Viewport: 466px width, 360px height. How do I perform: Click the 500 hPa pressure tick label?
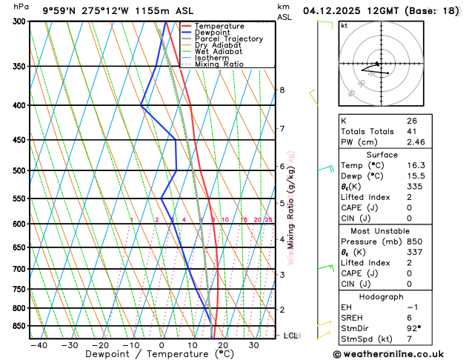pyautogui.click(x=19, y=170)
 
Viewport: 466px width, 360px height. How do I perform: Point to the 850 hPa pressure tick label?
pyautogui.click(x=19, y=326)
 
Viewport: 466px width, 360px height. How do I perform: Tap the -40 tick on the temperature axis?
pyautogui.click(x=39, y=345)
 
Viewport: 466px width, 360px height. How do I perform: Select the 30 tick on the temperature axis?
pyautogui.click(x=253, y=345)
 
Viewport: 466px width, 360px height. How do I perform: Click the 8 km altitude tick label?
pyautogui.click(x=282, y=90)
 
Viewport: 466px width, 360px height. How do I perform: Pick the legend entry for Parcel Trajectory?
pyautogui.click(x=229, y=39)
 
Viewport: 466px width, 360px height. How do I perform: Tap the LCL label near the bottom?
pyautogui.click(x=290, y=336)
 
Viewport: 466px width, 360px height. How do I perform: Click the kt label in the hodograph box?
pyautogui.click(x=344, y=25)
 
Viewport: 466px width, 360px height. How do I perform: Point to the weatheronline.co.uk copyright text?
pyautogui.click(x=396, y=354)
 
